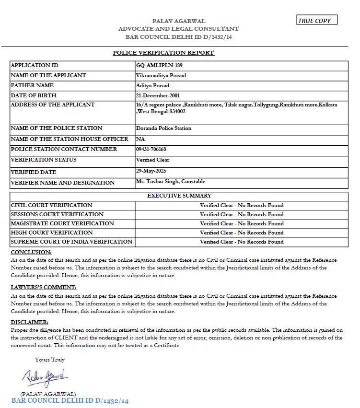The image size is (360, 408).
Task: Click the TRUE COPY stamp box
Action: [x=317, y=20]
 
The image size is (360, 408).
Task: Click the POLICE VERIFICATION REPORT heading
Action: [x=163, y=53]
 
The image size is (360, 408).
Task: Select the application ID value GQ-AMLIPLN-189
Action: [x=159, y=65]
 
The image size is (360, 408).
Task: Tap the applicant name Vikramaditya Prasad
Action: [x=161, y=75]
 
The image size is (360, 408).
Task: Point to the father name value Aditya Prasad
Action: [x=152, y=85]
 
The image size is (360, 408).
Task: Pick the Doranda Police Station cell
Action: [x=163, y=128]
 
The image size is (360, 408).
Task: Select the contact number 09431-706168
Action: [x=151, y=149]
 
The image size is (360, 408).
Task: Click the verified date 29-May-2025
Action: [x=151, y=171]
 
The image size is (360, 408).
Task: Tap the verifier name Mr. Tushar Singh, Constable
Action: [x=171, y=181]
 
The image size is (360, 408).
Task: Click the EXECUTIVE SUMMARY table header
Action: [x=179, y=196]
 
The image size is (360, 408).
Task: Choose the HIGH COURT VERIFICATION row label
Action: [x=52, y=233]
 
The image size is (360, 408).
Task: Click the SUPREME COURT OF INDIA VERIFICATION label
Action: [x=71, y=242]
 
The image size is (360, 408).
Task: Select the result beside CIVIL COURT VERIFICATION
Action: [x=242, y=205]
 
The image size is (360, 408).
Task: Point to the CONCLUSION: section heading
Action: [x=31, y=252]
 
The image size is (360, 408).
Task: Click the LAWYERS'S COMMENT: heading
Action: [x=44, y=287]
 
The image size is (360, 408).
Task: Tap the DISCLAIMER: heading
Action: [x=29, y=322]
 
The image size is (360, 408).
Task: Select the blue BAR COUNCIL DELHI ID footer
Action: [x=70, y=401]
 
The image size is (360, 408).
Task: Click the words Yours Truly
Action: [x=49, y=360]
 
